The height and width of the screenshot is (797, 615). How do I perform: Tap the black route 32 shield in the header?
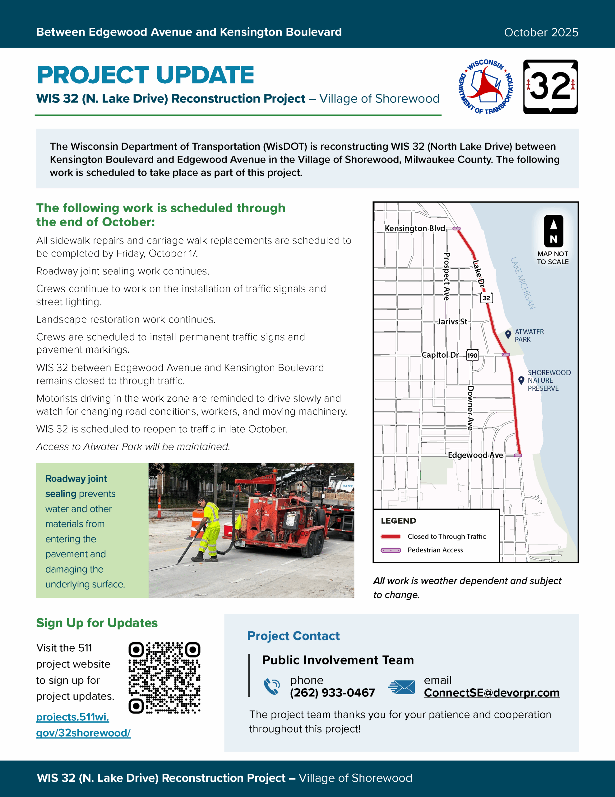pyautogui.click(x=550, y=87)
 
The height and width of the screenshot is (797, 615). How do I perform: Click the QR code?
pyautogui.click(x=164, y=678)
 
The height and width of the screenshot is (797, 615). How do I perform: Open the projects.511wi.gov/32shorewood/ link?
pyautogui.click(x=83, y=725)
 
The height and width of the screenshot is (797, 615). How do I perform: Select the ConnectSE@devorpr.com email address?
pyautogui.click(x=492, y=693)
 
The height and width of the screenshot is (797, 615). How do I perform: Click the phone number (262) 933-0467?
pyautogui.click(x=332, y=693)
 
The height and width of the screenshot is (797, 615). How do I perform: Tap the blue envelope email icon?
pyautogui.click(x=401, y=687)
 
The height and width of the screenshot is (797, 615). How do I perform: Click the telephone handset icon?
pyautogui.click(x=272, y=686)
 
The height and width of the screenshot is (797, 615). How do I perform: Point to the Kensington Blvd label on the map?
pyautogui.click(x=415, y=229)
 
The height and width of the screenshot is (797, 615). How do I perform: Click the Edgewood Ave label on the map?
pyautogui.click(x=475, y=455)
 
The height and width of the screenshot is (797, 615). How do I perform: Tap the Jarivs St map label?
pyautogui.click(x=452, y=322)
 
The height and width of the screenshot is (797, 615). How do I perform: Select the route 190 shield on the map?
pyautogui.click(x=472, y=355)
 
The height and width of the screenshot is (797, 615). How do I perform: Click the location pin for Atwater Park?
pyautogui.click(x=508, y=334)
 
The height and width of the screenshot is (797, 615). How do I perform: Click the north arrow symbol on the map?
pyautogui.click(x=553, y=231)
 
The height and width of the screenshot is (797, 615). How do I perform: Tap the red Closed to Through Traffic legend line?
pyautogui.click(x=391, y=536)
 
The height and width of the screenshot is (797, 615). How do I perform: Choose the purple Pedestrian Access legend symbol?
pyautogui.click(x=391, y=550)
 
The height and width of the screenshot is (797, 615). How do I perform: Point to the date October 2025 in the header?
pyautogui.click(x=541, y=32)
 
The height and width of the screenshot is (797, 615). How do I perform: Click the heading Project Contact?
pyautogui.click(x=293, y=636)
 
